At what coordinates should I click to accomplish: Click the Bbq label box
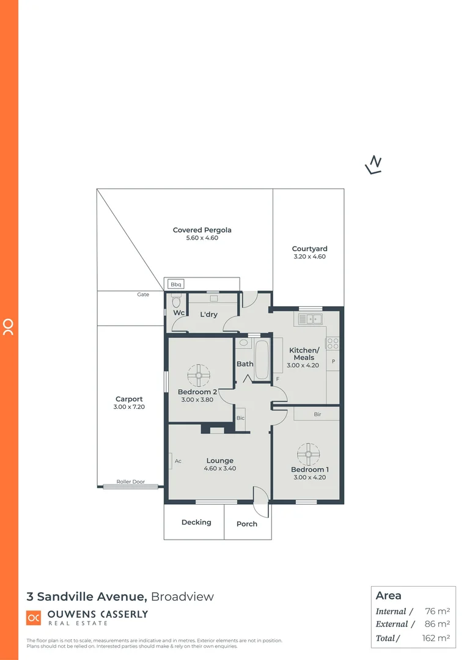pyautogui.click(x=176, y=284)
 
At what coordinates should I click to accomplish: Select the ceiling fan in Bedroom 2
pyautogui.click(x=199, y=375)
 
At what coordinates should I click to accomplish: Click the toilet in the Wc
pyautogui.click(x=176, y=302)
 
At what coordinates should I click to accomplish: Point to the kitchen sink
pyautogui.click(x=311, y=319)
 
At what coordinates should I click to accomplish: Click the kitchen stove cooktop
pyautogui.click(x=333, y=343)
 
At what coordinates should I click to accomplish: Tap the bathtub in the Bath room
pyautogui.click(x=262, y=359)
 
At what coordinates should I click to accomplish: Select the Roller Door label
pyautogui.click(x=131, y=482)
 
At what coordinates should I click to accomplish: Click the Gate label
pyautogui.click(x=143, y=295)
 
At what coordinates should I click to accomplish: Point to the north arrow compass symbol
pyautogui.click(x=373, y=164)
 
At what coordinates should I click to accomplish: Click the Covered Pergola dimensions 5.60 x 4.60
pyautogui.click(x=202, y=238)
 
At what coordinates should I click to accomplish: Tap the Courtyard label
pyautogui.click(x=309, y=249)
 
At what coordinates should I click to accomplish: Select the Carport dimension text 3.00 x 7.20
pyautogui.click(x=129, y=407)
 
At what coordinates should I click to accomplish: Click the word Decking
pyautogui.click(x=196, y=522)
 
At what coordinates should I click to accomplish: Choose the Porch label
pyautogui.click(x=247, y=524)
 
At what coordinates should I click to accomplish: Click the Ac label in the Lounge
pyautogui.click(x=178, y=461)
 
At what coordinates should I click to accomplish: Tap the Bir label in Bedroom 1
pyautogui.click(x=317, y=414)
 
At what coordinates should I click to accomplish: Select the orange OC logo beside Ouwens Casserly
pyautogui.click(x=34, y=618)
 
